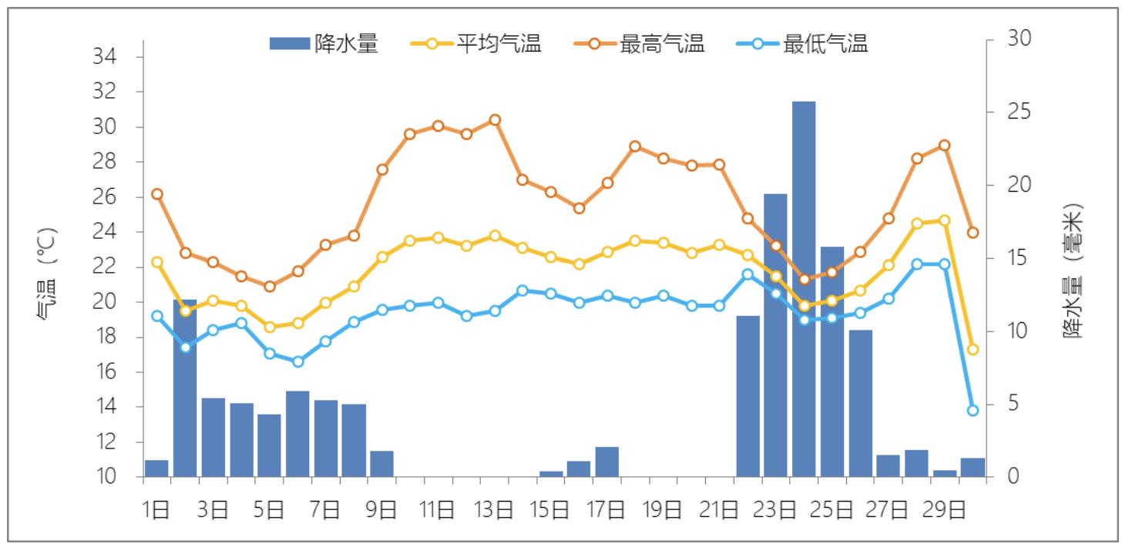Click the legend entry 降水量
pos(324,44)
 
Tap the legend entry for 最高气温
pos(639,44)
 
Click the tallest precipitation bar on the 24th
pos(804,289)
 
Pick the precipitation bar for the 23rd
pos(775,335)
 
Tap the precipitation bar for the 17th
pos(607,462)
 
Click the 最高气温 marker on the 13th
pos(495,119)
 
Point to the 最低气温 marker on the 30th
pos(973,410)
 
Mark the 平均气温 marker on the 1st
pos(157,262)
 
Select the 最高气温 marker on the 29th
pos(944,146)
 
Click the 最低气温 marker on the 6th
pos(297,361)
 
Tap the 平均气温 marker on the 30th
pos(973,349)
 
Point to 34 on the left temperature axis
pos(105,57)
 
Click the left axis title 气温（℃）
pos(48,273)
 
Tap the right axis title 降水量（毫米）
pos(1072,270)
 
